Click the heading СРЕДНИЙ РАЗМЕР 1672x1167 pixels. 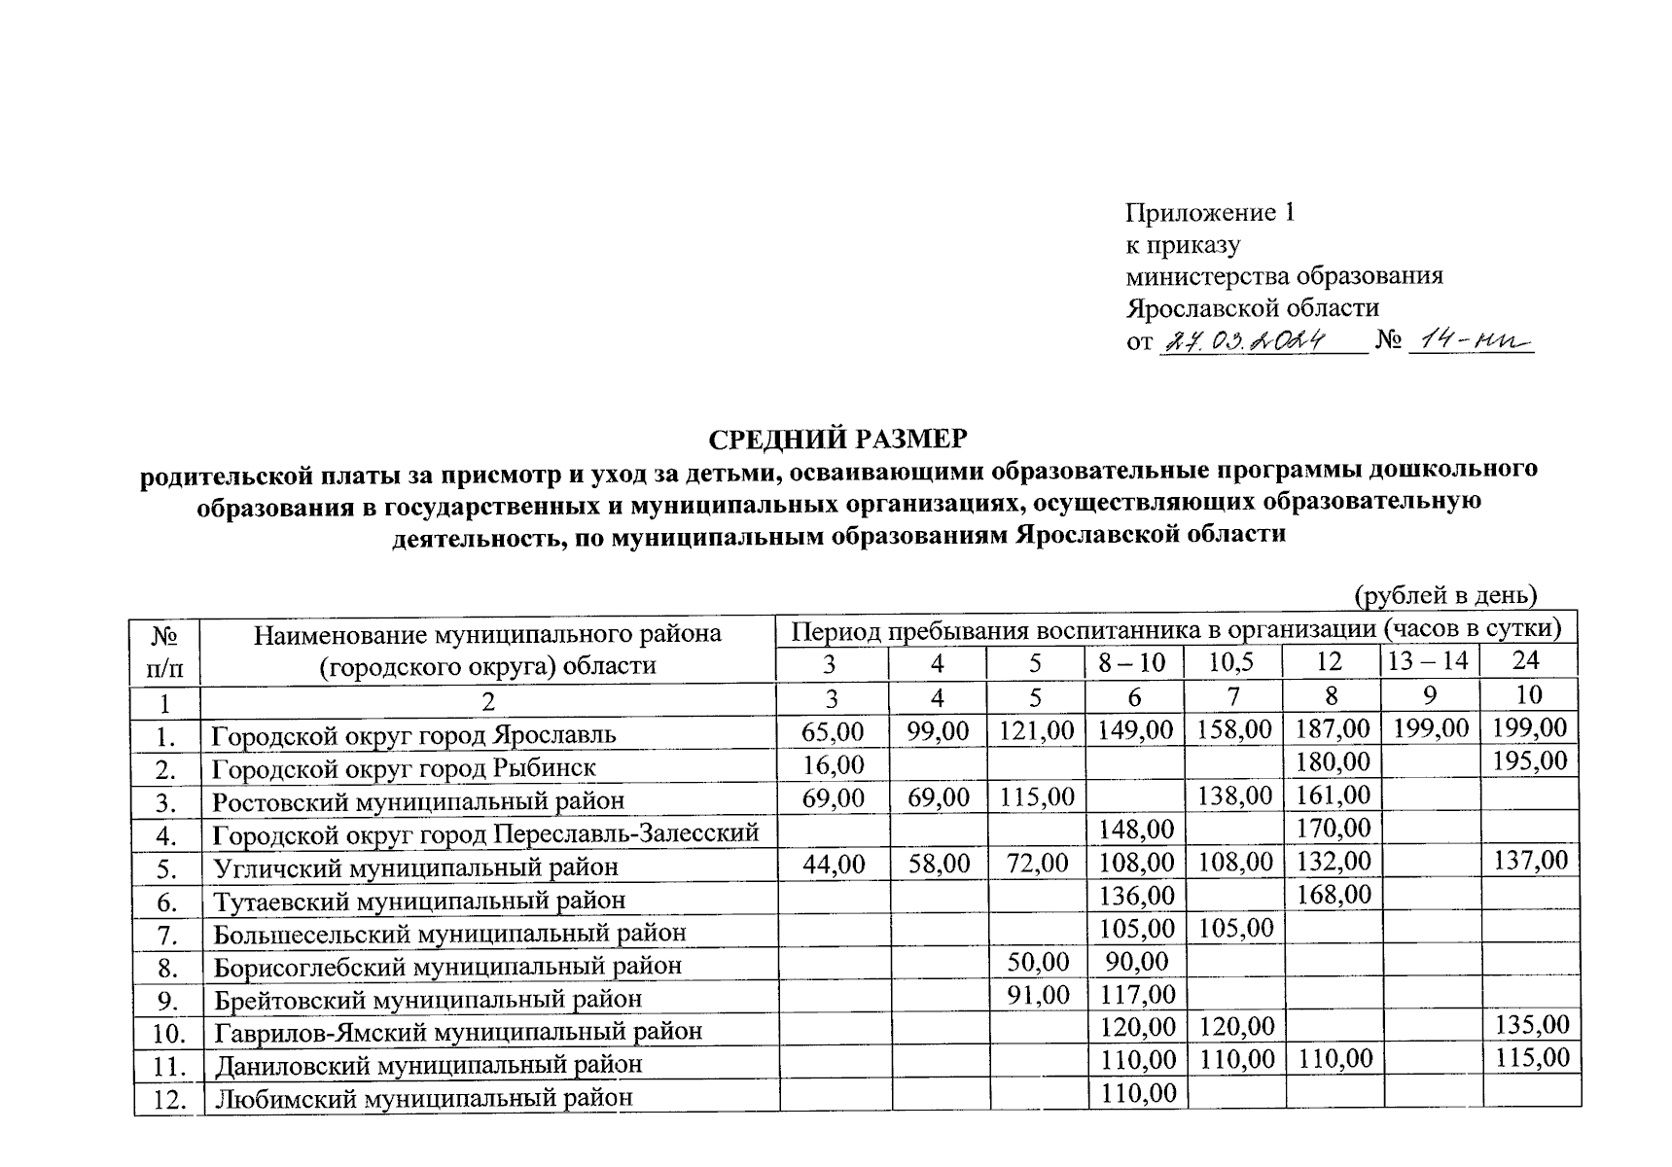[837, 440]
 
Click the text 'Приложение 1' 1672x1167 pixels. [1210, 213]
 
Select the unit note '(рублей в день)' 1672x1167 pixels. [1445, 593]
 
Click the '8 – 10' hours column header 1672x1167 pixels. [1133, 662]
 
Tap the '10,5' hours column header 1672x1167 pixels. [1231, 662]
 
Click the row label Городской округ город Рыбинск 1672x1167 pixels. [404, 767]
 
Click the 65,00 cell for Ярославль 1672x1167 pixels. [833, 729]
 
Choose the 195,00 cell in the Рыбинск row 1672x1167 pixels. [1530, 760]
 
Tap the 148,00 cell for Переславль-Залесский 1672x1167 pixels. [1135, 830]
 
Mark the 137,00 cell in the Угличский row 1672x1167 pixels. [1530, 861]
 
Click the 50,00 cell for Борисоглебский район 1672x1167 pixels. [1037, 963]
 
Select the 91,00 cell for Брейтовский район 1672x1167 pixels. [1037, 996]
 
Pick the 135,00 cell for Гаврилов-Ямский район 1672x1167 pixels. [1531, 1026]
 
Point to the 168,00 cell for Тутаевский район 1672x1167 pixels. [1333, 894]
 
